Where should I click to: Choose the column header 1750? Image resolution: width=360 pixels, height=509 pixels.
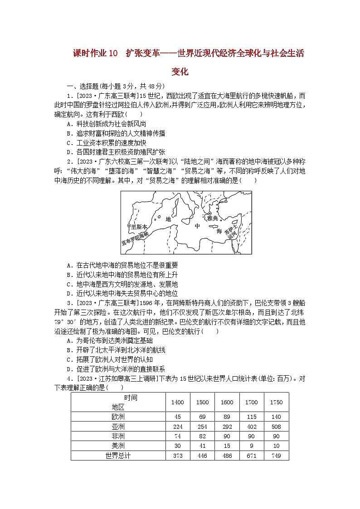tap(276, 402)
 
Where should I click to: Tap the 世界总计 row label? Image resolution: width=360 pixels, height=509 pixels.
tap(118, 456)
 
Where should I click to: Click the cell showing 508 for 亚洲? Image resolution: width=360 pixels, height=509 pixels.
tap(276, 427)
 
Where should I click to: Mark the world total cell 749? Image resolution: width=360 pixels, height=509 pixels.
tap(276, 456)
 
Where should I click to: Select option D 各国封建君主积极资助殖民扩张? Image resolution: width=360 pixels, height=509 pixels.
tap(116, 152)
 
